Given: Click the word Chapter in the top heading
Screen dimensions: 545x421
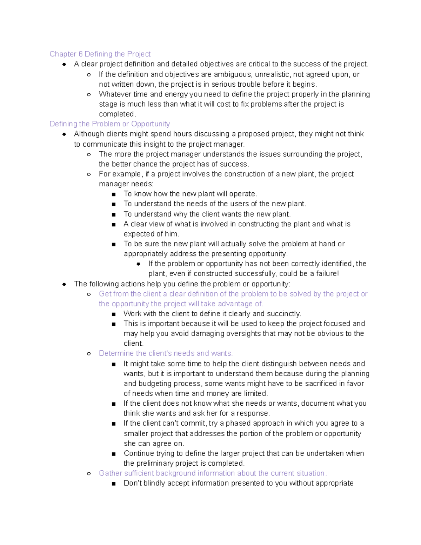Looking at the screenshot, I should coord(63,54).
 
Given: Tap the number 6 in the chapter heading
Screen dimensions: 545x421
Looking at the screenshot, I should coord(80,54).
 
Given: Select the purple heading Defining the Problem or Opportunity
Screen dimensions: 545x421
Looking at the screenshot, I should coord(109,124).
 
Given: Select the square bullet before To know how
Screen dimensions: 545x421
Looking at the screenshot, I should coord(113,194).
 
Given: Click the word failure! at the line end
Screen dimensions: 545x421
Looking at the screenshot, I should coord(327,273).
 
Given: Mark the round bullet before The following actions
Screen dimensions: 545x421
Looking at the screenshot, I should coord(64,284).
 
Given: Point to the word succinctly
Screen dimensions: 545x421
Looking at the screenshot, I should coord(283,314).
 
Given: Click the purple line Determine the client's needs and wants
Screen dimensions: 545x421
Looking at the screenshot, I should coord(166,353).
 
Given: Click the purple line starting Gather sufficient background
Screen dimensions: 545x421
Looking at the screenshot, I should coord(213,473).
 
